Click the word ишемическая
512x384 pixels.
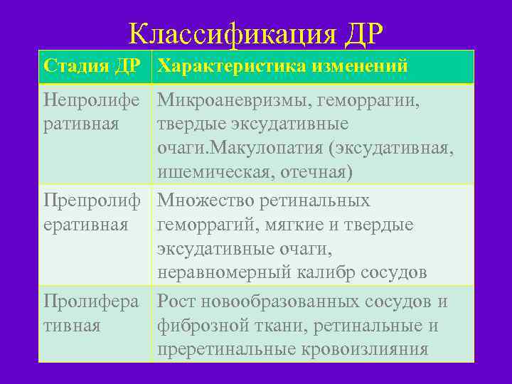pos(213,172)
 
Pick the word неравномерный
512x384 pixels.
pos(220,274)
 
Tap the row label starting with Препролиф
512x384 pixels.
pos(92,201)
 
